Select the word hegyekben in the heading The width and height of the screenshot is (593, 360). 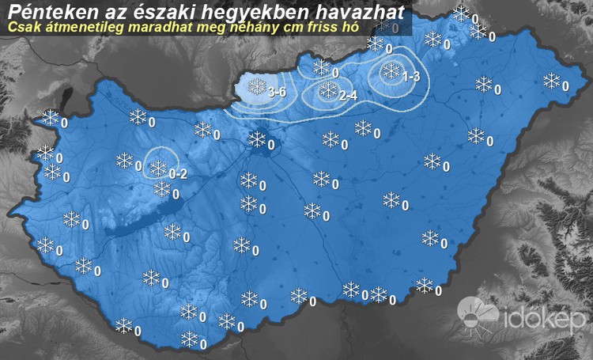257,11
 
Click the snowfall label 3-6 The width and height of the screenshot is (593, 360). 277,93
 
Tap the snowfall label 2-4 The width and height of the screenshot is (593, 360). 348,96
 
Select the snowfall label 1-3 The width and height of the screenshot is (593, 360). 411,78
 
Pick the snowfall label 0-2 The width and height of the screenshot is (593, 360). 178,174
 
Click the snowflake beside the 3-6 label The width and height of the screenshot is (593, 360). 257,86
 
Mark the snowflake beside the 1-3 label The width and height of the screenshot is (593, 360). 391,72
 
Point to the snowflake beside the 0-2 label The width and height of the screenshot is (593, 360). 159,168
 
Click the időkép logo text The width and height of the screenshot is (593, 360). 545,320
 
